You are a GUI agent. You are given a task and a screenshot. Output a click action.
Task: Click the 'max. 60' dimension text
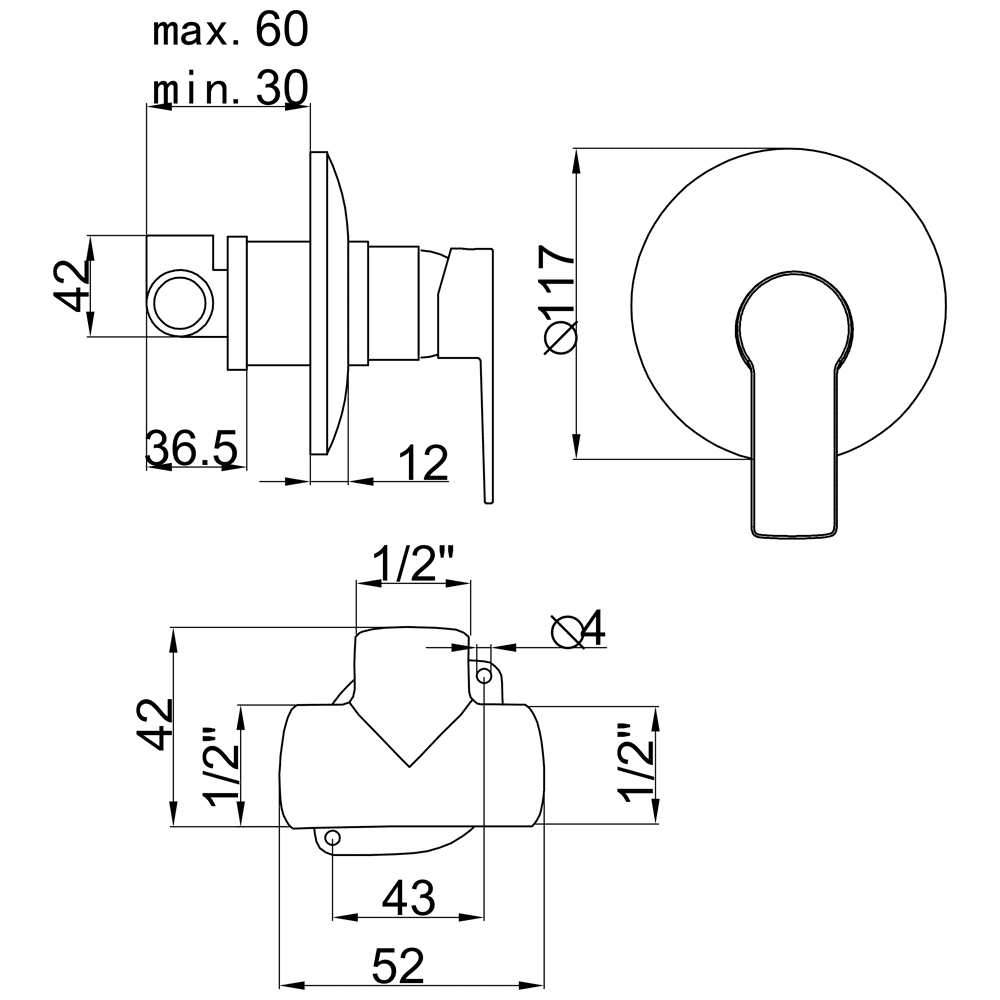(x=230, y=30)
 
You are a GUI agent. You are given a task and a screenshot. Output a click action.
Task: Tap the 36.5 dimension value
(x=191, y=447)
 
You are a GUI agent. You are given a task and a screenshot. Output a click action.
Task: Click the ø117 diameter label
(x=559, y=299)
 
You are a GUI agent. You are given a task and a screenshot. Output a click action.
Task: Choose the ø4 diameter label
(x=578, y=629)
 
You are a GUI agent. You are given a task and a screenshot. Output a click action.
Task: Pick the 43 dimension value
(x=409, y=897)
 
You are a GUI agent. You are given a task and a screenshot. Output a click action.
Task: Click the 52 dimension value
(x=398, y=966)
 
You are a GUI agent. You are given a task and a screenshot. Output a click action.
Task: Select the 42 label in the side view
(x=71, y=285)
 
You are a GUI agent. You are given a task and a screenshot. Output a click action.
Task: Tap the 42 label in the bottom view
(x=154, y=724)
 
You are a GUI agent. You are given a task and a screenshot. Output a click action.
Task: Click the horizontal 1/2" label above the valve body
(x=412, y=562)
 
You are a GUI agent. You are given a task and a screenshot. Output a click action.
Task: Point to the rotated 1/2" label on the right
(x=636, y=762)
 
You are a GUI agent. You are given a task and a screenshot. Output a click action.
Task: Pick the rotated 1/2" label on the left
(x=221, y=767)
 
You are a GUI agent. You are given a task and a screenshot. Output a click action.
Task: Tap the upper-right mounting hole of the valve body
(x=485, y=675)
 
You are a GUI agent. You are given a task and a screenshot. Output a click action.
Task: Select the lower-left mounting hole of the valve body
(x=333, y=837)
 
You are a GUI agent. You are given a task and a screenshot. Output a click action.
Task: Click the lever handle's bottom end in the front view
(x=793, y=534)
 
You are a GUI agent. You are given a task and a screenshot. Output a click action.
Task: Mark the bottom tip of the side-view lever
(x=489, y=503)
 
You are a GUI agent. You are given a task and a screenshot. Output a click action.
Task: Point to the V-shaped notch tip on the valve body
(x=409, y=766)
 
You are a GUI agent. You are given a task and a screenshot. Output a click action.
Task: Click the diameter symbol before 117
(x=560, y=337)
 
